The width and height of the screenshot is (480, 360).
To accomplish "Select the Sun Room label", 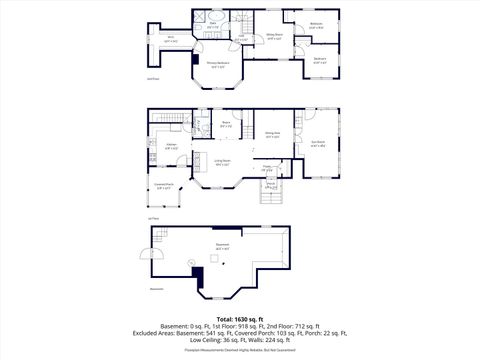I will pos(319,142).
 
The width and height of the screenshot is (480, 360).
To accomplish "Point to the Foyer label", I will pos(267,168).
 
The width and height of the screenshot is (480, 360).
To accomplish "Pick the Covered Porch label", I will pos(164,184).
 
